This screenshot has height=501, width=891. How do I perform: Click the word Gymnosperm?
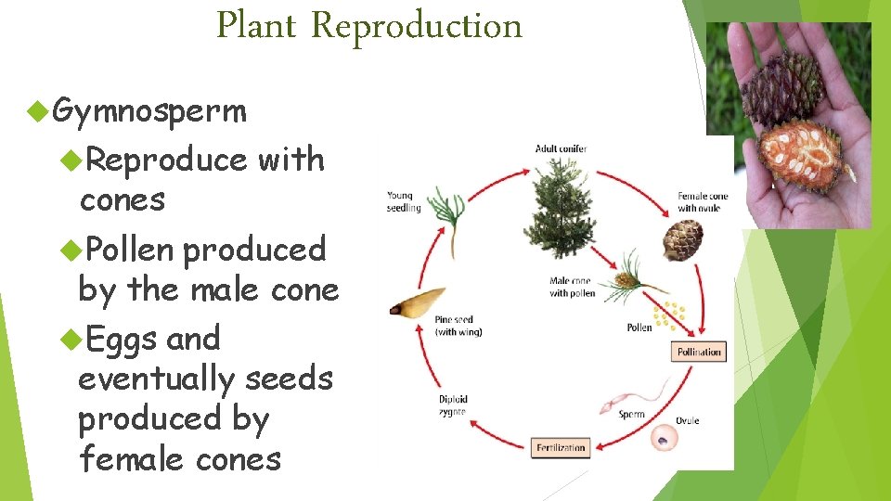(149, 111)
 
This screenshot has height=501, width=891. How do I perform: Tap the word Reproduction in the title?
(417, 25)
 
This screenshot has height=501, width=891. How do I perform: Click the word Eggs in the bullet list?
(122, 339)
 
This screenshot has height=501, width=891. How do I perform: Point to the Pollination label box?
(698, 353)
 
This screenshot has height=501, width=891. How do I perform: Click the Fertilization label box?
(562, 448)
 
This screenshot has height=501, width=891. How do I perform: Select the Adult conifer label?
(561, 148)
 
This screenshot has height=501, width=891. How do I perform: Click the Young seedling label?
(404, 201)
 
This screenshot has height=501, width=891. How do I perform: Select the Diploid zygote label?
(452, 405)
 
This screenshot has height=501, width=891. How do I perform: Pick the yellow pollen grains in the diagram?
(667, 315)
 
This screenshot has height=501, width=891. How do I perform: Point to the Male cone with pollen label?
(572, 288)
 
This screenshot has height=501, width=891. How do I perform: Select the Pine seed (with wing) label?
(458, 326)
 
